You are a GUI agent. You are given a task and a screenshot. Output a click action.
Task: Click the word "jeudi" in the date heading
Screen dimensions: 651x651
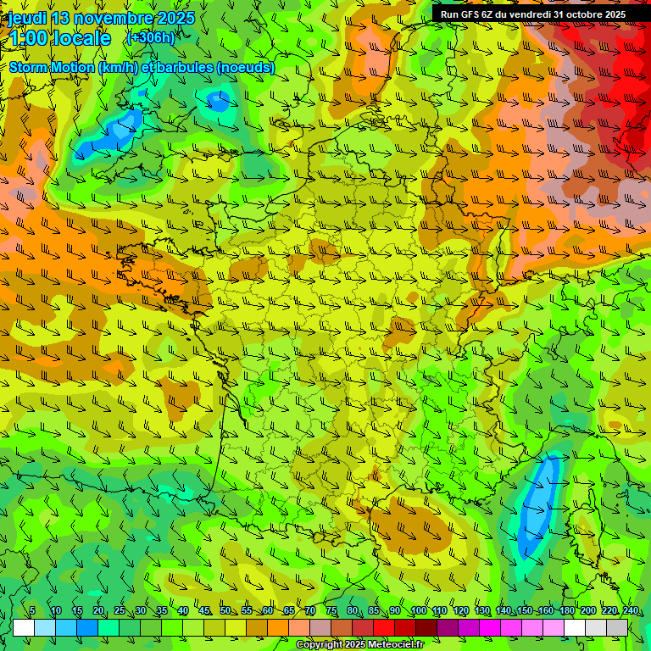point(27,18)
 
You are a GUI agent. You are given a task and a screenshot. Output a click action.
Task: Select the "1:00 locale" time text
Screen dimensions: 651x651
point(60,38)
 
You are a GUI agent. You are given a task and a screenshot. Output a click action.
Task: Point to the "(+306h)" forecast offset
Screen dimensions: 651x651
point(150,37)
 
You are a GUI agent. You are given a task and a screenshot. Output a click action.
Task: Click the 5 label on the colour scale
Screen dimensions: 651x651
point(32,611)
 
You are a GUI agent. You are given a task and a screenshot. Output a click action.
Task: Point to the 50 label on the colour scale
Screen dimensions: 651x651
point(225,611)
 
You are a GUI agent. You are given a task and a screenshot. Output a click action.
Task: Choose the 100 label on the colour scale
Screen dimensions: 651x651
point(418,611)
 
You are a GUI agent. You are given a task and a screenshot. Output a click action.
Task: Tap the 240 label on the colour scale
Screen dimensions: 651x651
point(631,611)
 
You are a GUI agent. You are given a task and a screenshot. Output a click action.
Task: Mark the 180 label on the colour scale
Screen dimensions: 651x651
point(567,611)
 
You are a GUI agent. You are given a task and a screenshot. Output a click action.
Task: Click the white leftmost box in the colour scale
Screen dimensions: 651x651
point(24,627)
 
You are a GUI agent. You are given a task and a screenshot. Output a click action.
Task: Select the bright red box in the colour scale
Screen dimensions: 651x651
point(384,627)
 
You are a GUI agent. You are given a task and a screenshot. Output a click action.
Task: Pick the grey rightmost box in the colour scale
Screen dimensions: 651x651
point(617,627)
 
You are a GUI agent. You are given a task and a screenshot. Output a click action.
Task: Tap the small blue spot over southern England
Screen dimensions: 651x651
point(219,101)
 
